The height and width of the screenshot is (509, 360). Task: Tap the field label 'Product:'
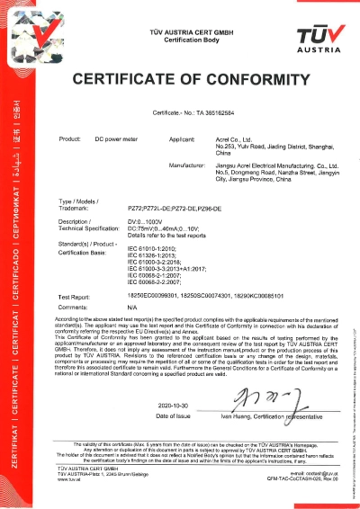70,141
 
